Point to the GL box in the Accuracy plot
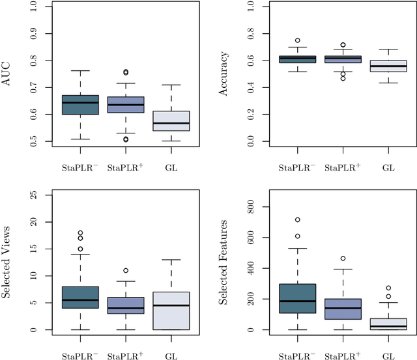pyautogui.click(x=388, y=66)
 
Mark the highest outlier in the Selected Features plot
pyautogui.click(x=297, y=220)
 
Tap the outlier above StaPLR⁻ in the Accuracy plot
pyautogui.click(x=297, y=40)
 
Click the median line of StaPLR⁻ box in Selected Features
pyautogui.click(x=297, y=301)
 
